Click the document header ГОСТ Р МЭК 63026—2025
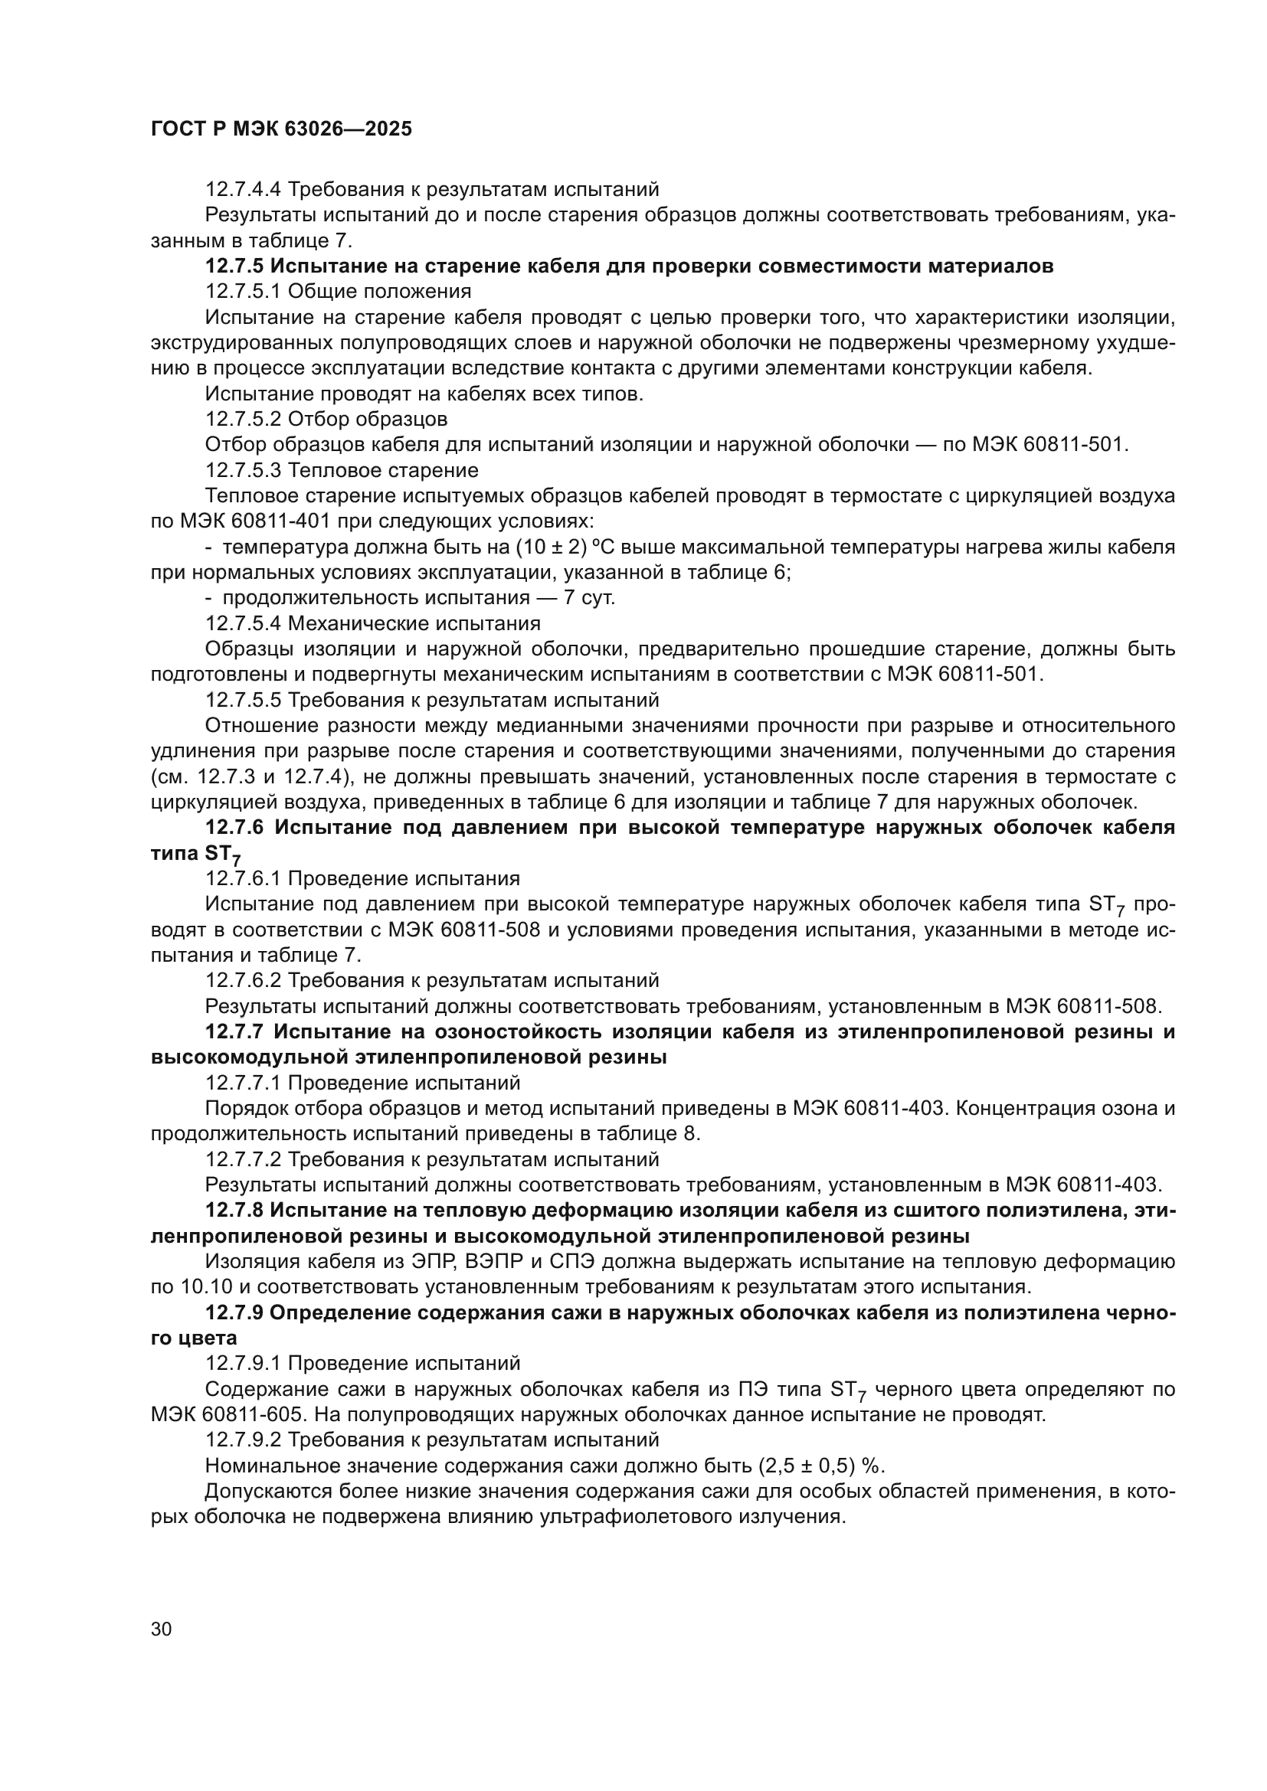click(x=281, y=129)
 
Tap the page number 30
click(x=162, y=1629)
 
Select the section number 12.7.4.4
click(x=244, y=190)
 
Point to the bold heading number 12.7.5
click(x=234, y=266)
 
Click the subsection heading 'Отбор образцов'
click(x=368, y=420)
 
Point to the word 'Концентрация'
click(x=1045, y=1109)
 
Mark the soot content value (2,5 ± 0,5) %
click(x=820, y=1466)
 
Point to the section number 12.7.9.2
click(x=244, y=1441)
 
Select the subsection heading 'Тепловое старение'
click(x=383, y=470)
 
